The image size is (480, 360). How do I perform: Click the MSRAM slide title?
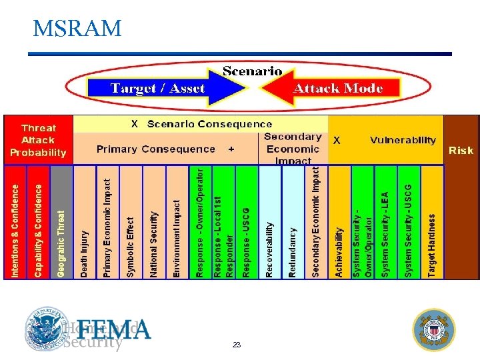tap(77, 29)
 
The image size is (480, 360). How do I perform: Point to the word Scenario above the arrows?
tap(252, 71)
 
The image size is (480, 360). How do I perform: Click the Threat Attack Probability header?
tap(38, 140)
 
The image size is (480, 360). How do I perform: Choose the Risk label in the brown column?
tap(461, 150)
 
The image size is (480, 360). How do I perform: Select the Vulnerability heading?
tap(403, 140)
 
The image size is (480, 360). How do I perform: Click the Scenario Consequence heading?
tap(209, 124)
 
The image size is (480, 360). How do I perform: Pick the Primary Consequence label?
tap(155, 149)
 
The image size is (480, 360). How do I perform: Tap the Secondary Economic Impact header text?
tap(293, 149)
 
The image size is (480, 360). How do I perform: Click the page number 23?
tap(236, 345)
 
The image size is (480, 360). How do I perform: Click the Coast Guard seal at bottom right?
tap(434, 329)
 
